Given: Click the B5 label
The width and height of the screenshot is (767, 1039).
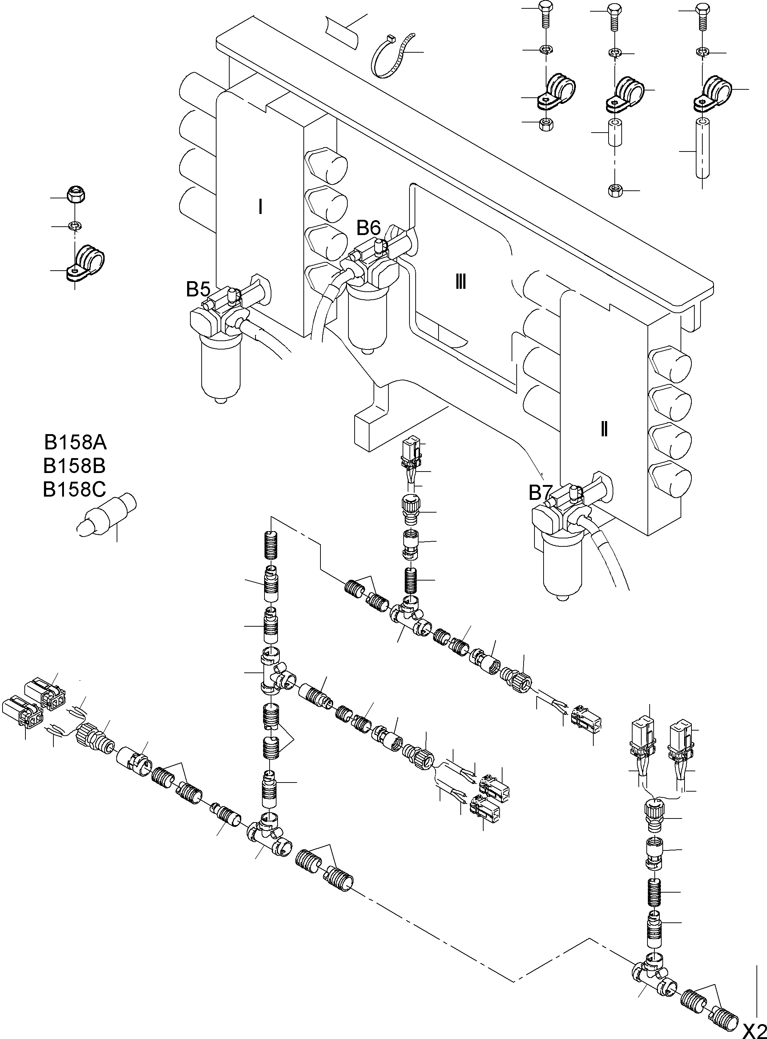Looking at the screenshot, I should (x=198, y=289).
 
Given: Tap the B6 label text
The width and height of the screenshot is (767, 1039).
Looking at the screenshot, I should (x=369, y=228).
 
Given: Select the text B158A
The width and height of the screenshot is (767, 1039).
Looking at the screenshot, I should (x=75, y=442).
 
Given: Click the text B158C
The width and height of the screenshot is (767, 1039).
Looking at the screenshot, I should (x=74, y=489).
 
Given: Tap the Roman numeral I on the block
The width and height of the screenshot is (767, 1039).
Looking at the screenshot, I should (x=261, y=207).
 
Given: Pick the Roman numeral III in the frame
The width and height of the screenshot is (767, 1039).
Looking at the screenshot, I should (x=461, y=282).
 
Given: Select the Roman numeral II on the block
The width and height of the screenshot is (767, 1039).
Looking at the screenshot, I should (x=603, y=429).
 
